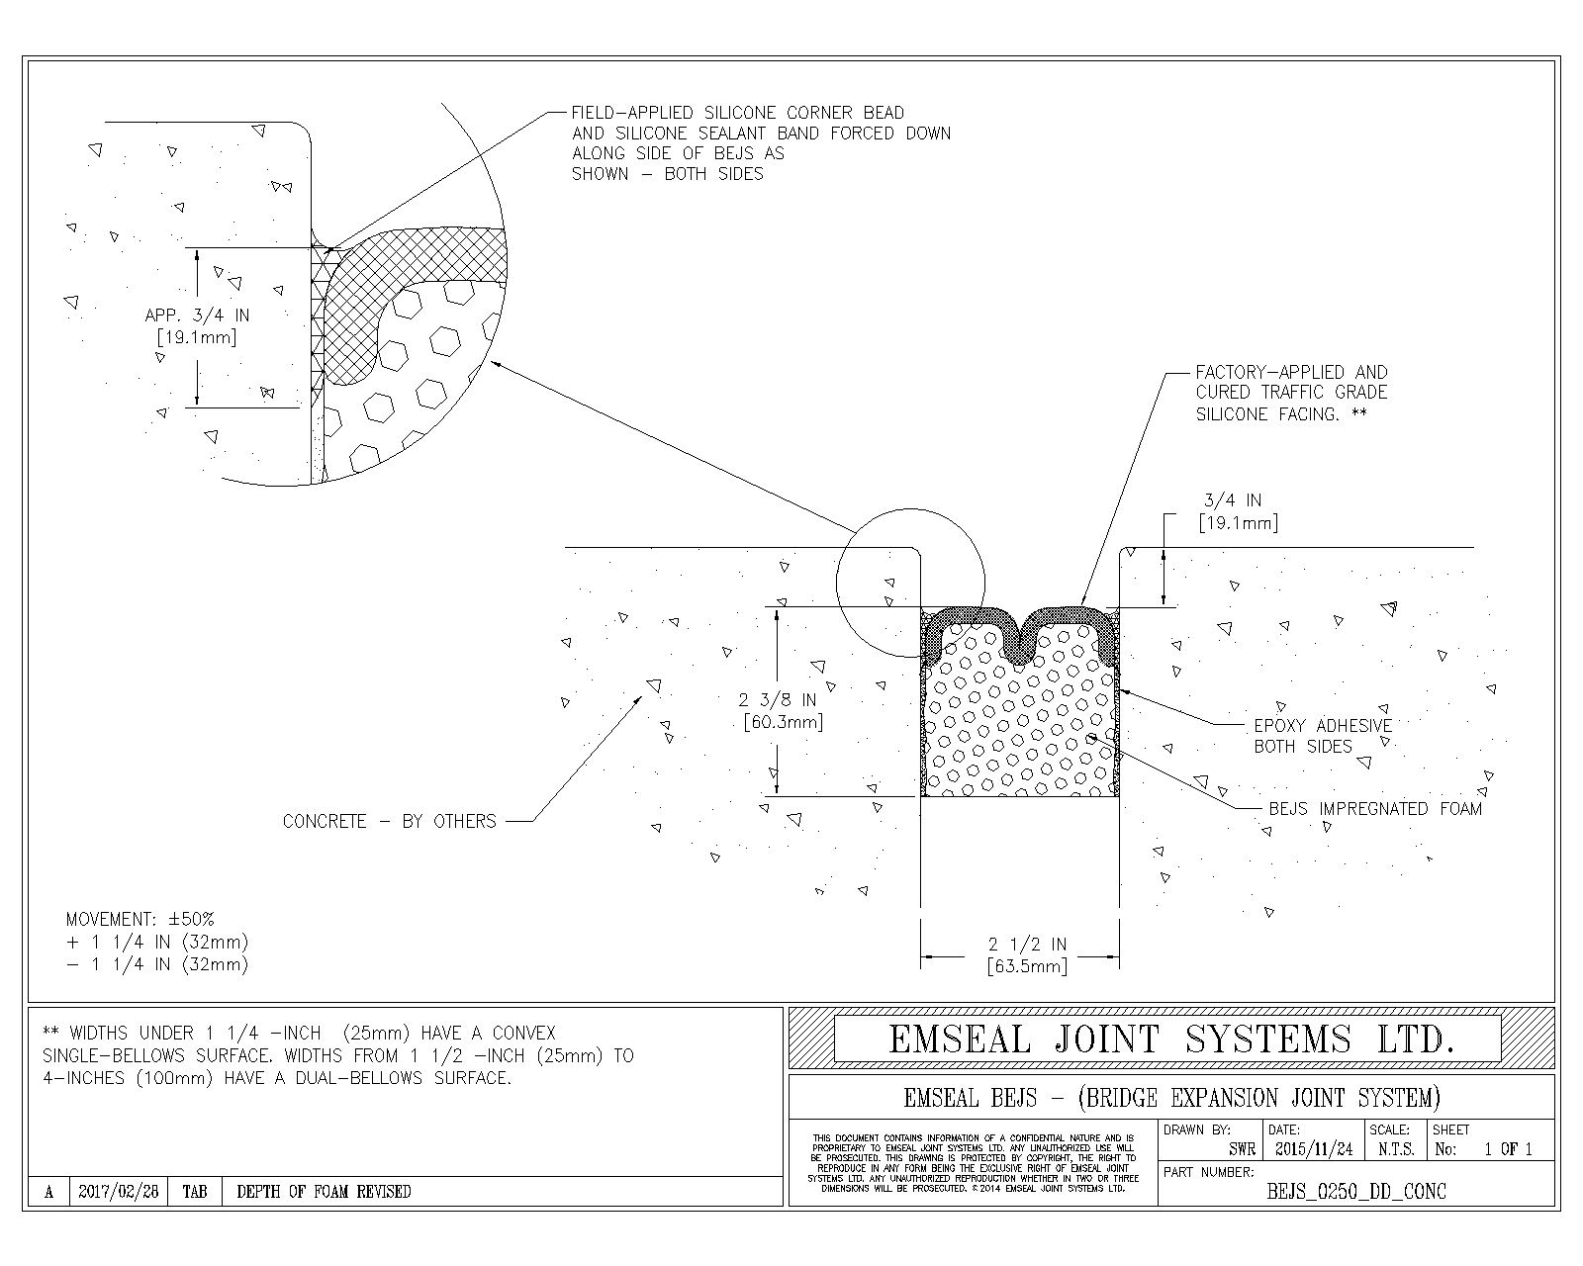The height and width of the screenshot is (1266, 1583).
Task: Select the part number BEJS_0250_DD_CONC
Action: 1356,1192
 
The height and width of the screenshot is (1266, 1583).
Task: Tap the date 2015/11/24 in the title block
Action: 1314,1149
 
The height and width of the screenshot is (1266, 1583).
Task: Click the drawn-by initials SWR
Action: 1242,1149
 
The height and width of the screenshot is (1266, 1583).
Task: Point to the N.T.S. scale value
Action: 1395,1149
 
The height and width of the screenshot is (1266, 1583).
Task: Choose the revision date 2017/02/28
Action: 118,1192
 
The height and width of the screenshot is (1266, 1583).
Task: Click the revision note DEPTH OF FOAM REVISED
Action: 324,1192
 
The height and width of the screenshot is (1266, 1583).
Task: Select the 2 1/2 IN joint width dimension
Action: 1029,945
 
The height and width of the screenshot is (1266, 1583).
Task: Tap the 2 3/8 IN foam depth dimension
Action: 779,700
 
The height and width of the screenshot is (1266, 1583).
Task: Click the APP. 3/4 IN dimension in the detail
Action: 197,316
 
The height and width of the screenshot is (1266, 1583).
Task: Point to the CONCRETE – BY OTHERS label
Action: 390,821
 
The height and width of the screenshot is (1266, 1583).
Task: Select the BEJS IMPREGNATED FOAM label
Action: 1375,809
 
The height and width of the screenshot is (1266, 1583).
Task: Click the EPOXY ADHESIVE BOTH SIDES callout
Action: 1323,736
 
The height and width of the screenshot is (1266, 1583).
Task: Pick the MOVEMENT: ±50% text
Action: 140,919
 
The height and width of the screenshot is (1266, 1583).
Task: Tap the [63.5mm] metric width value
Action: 1028,966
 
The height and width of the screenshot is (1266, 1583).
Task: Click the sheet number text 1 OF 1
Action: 1508,1149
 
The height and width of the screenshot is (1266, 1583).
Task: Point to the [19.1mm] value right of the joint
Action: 1238,522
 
